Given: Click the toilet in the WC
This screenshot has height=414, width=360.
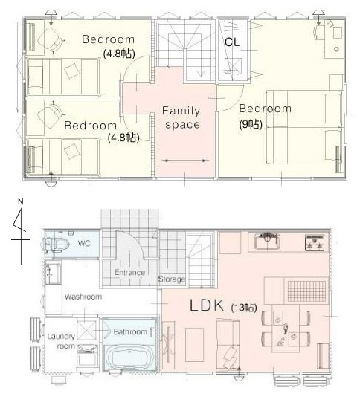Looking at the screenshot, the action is coord(57,245).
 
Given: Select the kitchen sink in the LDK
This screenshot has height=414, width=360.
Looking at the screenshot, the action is coord(267,241).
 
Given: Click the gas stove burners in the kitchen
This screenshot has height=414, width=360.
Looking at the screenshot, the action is coord(315,242).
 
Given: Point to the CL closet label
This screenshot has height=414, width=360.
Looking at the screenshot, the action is coord(232,42).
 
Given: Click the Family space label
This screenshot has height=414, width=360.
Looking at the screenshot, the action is coord(181,117).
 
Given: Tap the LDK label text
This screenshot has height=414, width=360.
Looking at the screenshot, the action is coord(207,305).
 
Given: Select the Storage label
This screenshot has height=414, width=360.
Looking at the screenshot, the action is coord(172,279).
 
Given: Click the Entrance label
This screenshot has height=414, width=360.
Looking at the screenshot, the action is coord(129,273).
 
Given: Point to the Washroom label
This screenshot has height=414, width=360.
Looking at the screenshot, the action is coord(83,297).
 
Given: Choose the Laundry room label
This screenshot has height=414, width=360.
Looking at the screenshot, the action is coord(61,341).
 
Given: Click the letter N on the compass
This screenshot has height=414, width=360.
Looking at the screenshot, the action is coord(21,201).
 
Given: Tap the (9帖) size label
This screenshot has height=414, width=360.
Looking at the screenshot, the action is coord(251,124).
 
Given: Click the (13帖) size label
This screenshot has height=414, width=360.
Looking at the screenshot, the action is coord(244,307).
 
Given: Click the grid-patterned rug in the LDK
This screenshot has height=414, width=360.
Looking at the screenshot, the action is coord(306,291).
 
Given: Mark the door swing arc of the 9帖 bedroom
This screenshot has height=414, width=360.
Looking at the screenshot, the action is coord(235,104).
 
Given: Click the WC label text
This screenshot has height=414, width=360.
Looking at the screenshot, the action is coord(84,243).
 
